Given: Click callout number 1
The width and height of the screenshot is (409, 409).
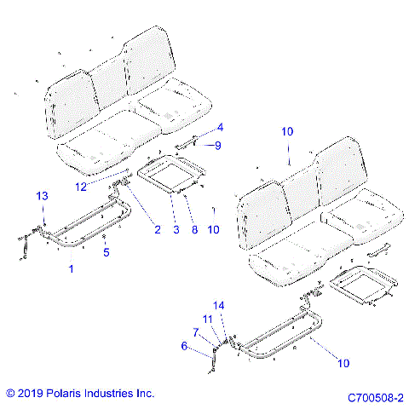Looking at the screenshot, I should pyautogui.click(x=71, y=268).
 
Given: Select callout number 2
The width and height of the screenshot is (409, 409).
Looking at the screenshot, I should pyautogui.click(x=157, y=228).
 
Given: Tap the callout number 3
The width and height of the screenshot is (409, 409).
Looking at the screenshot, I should pyautogui.click(x=176, y=228).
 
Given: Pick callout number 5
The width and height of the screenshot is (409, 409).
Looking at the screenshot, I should pyautogui.click(x=106, y=252).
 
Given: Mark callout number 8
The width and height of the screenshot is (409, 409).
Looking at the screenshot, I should pyautogui.click(x=195, y=228).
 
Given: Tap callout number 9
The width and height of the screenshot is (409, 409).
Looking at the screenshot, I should pyautogui.click(x=217, y=146).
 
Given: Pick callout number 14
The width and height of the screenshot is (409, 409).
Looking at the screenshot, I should pyautogui.click(x=219, y=305).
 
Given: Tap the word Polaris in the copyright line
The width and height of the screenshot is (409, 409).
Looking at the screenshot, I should pyautogui.click(x=72, y=394).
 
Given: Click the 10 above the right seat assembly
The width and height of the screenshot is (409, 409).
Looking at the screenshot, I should pyautogui.click(x=288, y=132).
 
